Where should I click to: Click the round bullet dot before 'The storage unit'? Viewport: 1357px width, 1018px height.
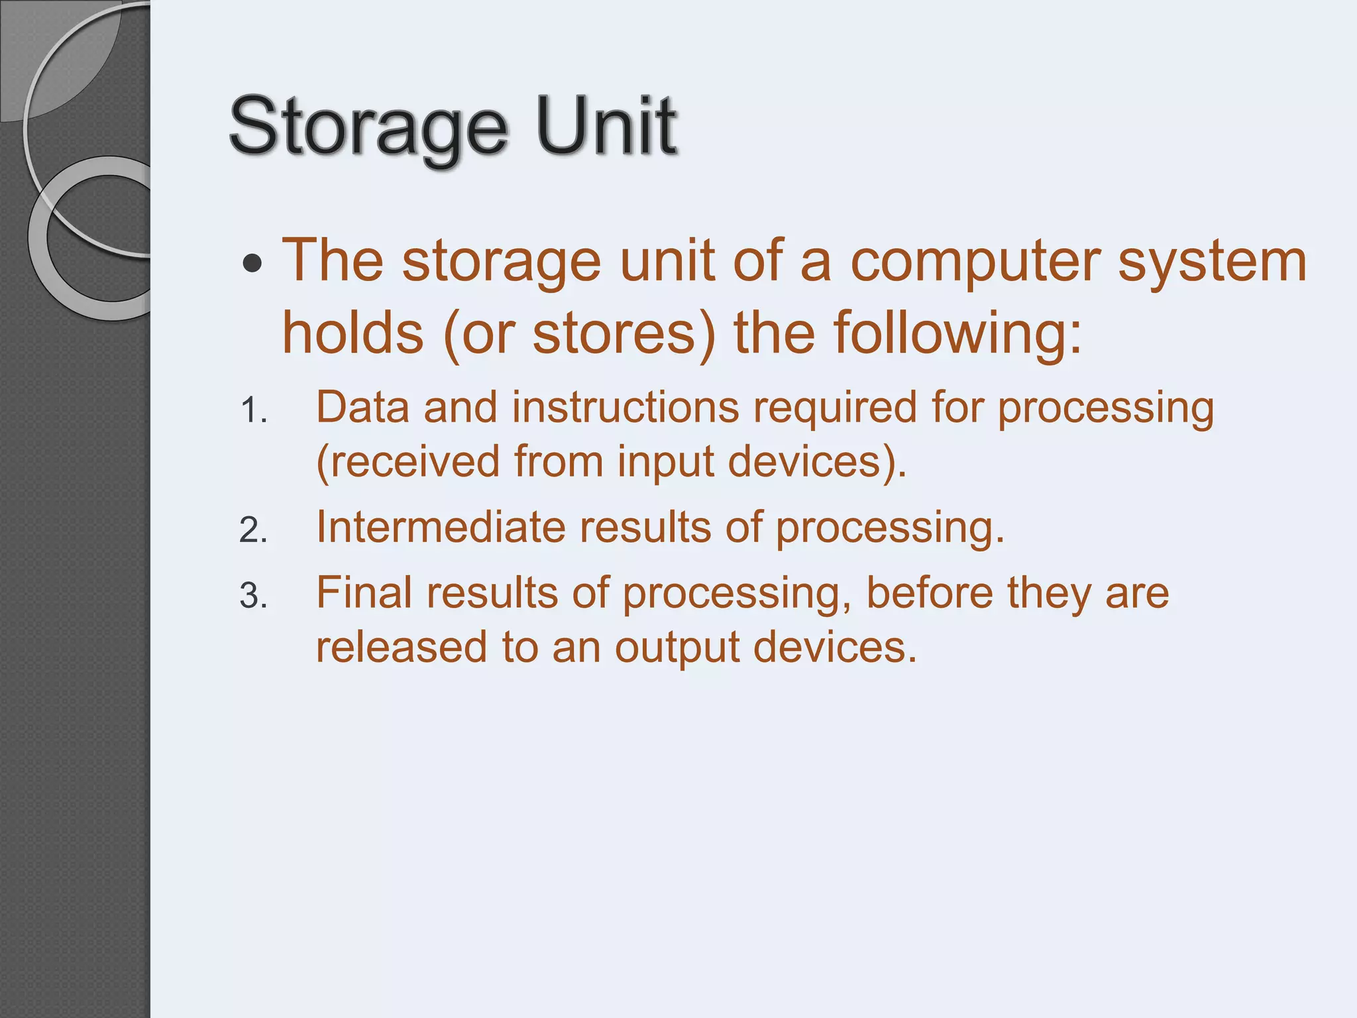[252, 264]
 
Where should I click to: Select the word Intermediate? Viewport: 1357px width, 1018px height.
[440, 528]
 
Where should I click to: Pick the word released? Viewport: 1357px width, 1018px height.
[401, 648]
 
